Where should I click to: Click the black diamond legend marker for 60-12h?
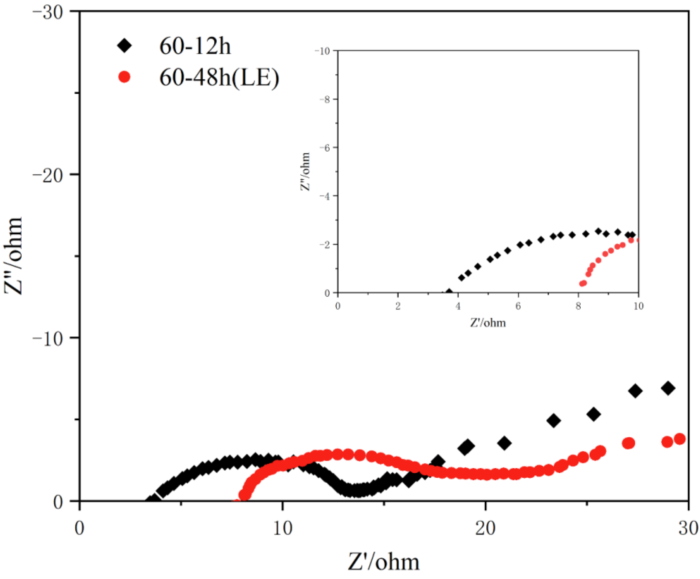click(124, 45)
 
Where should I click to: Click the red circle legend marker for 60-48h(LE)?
click(124, 77)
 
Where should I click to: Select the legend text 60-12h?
click(195, 46)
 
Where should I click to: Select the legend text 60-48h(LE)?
click(219, 78)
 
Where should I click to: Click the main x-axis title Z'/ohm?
click(383, 562)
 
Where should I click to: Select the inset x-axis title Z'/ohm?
click(488, 323)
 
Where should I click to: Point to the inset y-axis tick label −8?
click(324, 100)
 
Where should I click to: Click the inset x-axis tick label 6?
click(518, 306)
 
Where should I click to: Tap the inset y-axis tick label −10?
click(322, 51)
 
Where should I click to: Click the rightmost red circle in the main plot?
click(680, 439)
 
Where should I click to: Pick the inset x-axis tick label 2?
click(398, 306)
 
